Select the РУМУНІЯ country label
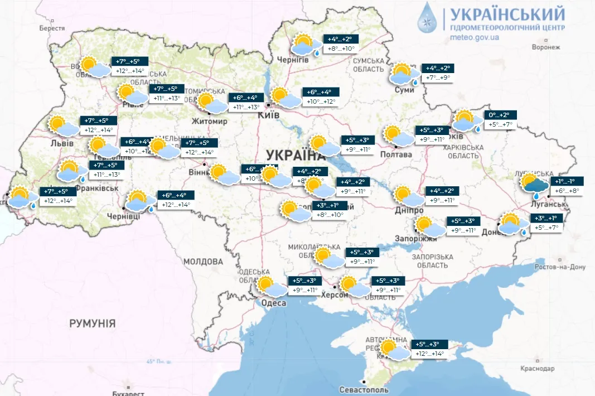(x=93, y=323)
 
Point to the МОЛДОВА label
(x=204, y=261)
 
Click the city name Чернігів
(x=293, y=60)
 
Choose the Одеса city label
(x=273, y=303)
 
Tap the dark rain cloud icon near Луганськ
(x=534, y=186)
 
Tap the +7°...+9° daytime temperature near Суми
(x=438, y=78)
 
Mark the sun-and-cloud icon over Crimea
(x=394, y=349)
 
